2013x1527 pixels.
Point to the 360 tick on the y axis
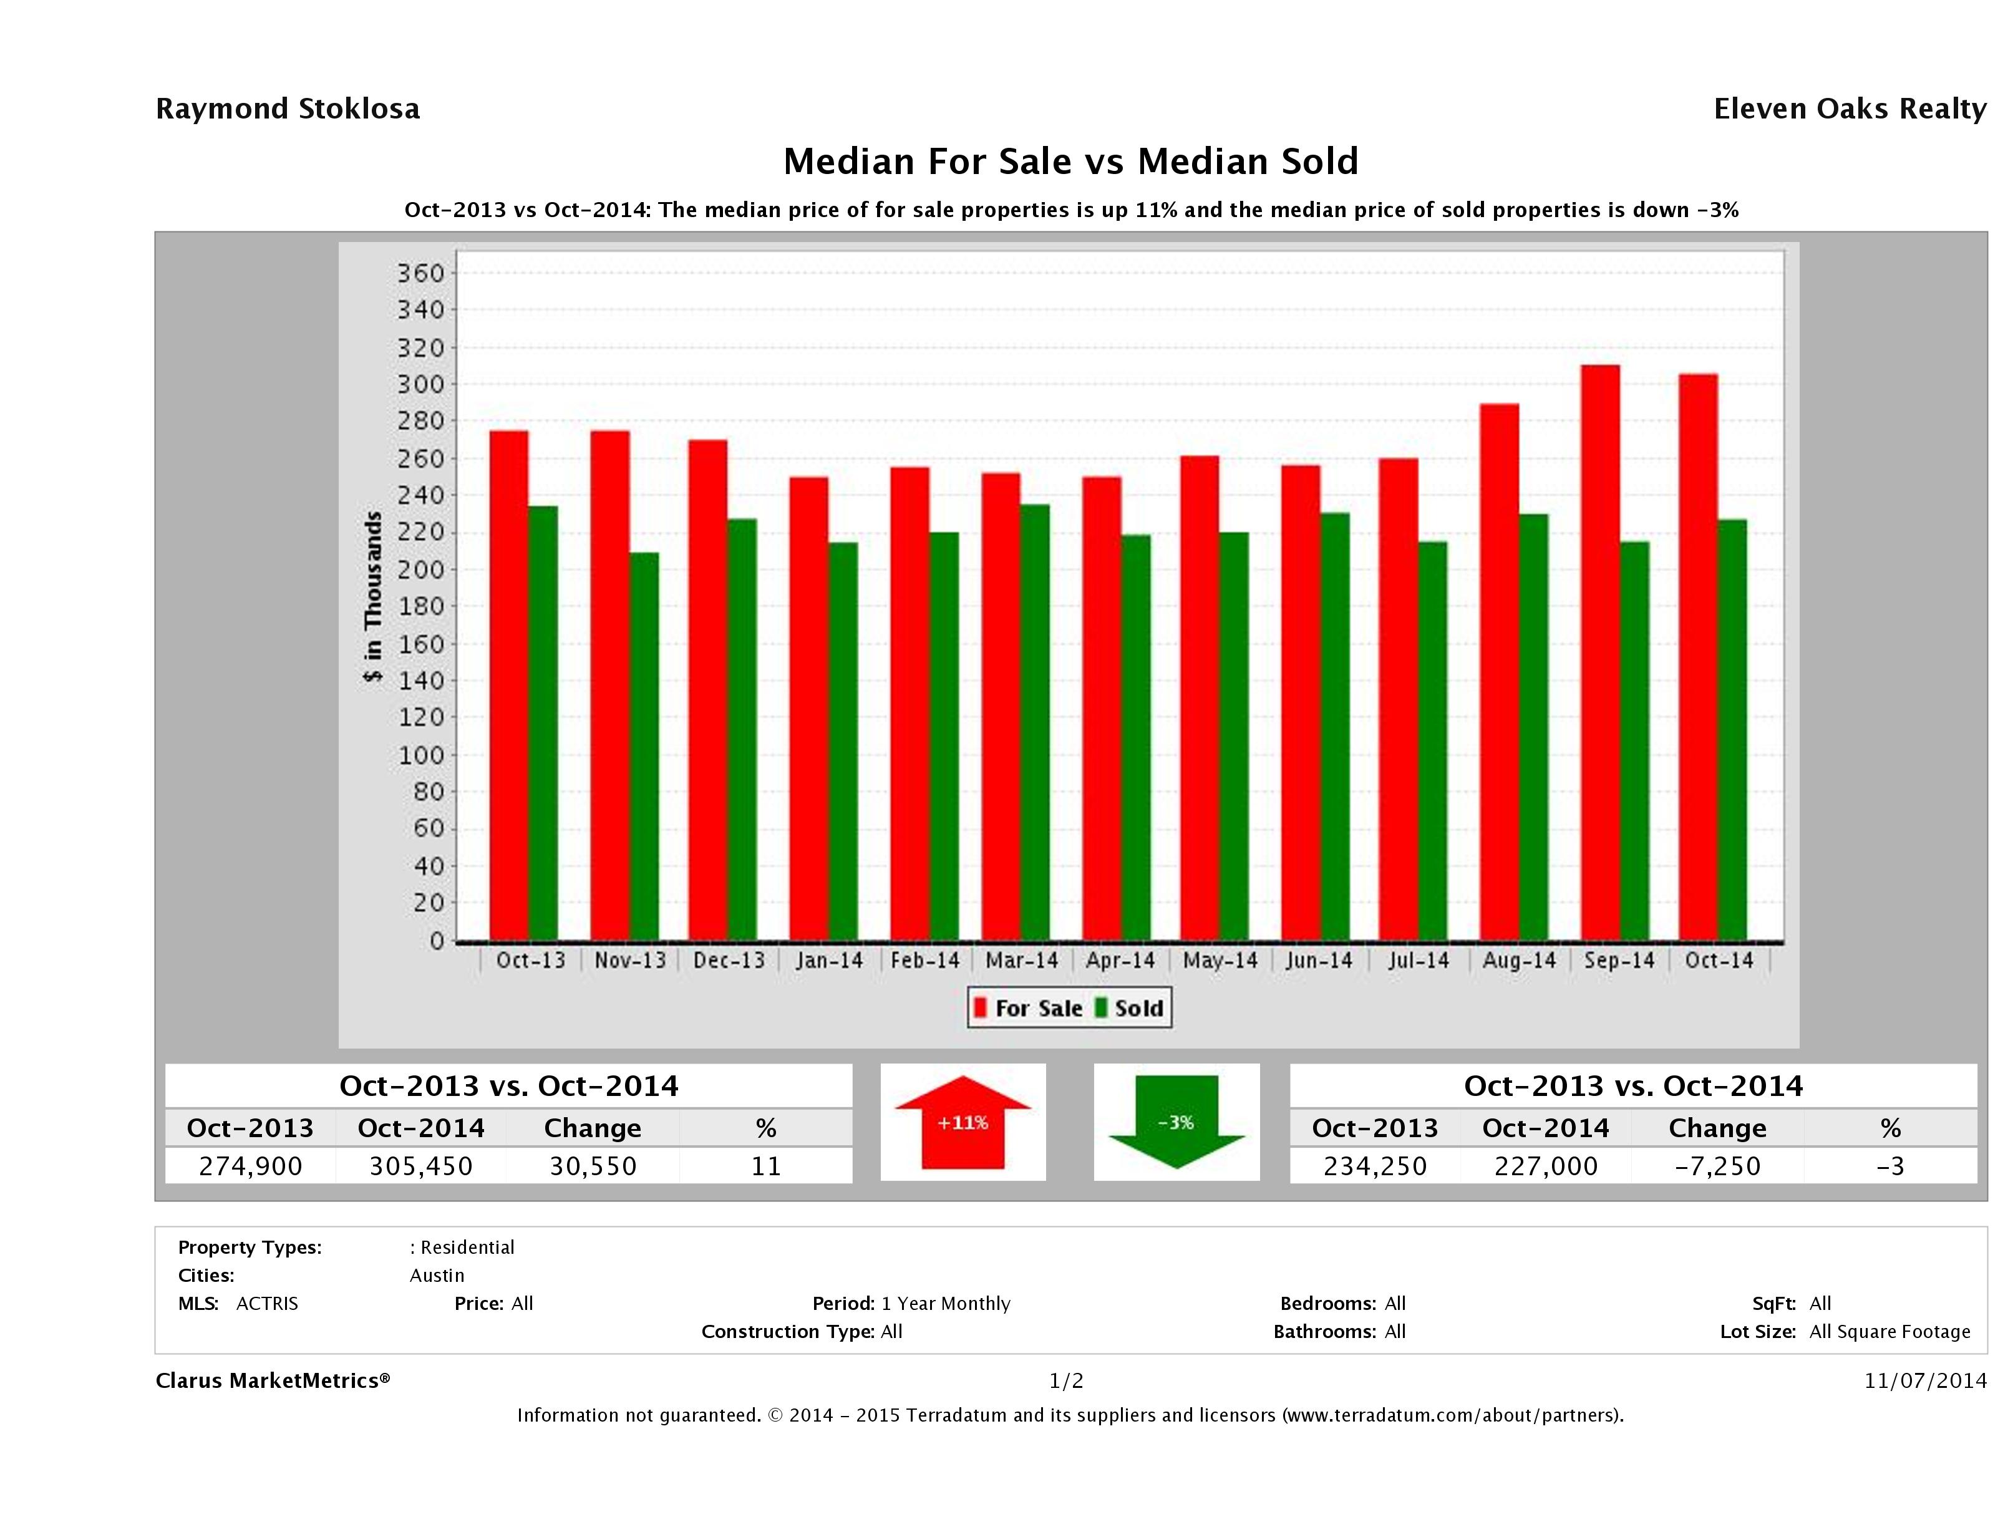point(421,273)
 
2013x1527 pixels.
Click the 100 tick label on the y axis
point(421,754)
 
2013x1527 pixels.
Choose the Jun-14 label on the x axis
point(1319,960)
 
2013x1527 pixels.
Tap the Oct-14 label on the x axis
point(1718,960)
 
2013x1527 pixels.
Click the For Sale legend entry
point(1029,1008)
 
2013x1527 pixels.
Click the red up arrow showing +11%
point(963,1122)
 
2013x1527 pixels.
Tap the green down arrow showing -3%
point(1176,1122)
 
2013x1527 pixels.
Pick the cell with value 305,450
point(421,1166)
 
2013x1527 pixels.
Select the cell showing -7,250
point(1717,1166)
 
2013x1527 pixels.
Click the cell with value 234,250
point(1374,1166)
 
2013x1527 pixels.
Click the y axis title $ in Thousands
point(373,597)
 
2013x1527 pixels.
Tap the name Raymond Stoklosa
point(288,109)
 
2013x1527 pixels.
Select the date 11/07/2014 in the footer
point(1924,1380)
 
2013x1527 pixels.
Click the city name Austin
point(437,1275)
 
